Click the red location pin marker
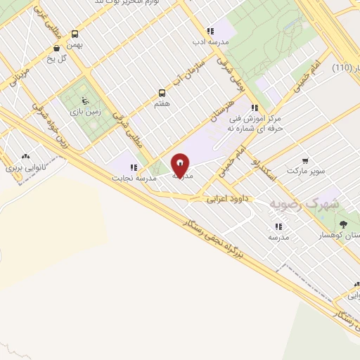(x=181, y=165)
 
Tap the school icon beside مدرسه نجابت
(x=133, y=167)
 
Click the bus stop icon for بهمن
(x=75, y=33)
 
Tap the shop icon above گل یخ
(x=56, y=48)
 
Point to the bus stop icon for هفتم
(x=162, y=92)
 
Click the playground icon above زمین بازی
(x=85, y=101)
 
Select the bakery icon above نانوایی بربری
(x=26, y=157)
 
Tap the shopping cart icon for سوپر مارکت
(x=305, y=160)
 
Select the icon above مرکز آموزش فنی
(x=254, y=108)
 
